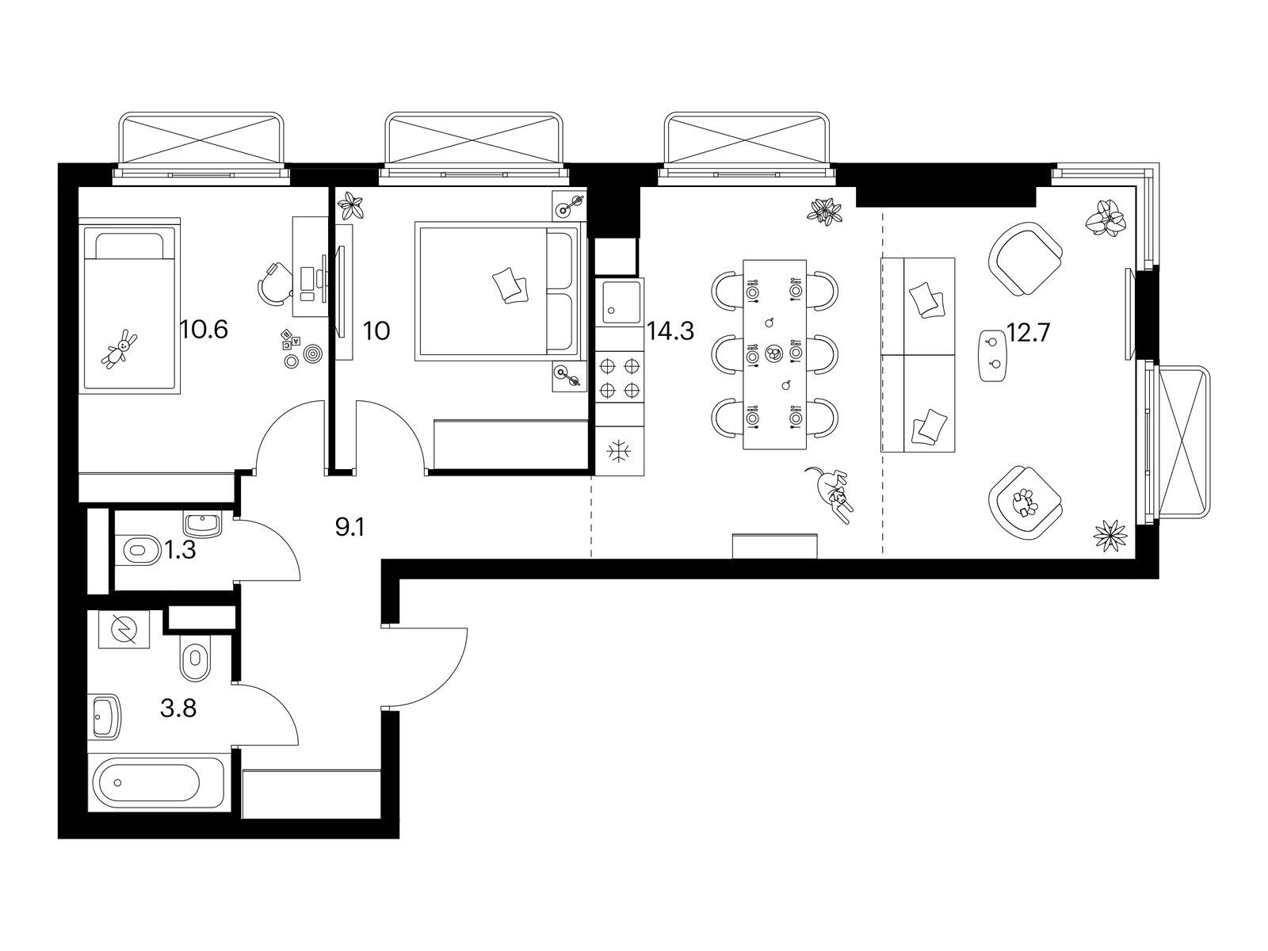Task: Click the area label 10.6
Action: point(204,330)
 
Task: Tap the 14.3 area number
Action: point(670,331)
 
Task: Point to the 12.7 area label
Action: point(1027,333)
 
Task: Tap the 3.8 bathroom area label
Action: point(178,708)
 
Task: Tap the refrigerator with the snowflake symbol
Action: point(620,451)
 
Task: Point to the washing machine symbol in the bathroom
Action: point(124,628)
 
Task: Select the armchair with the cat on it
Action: point(1025,503)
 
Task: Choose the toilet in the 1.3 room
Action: point(140,549)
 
